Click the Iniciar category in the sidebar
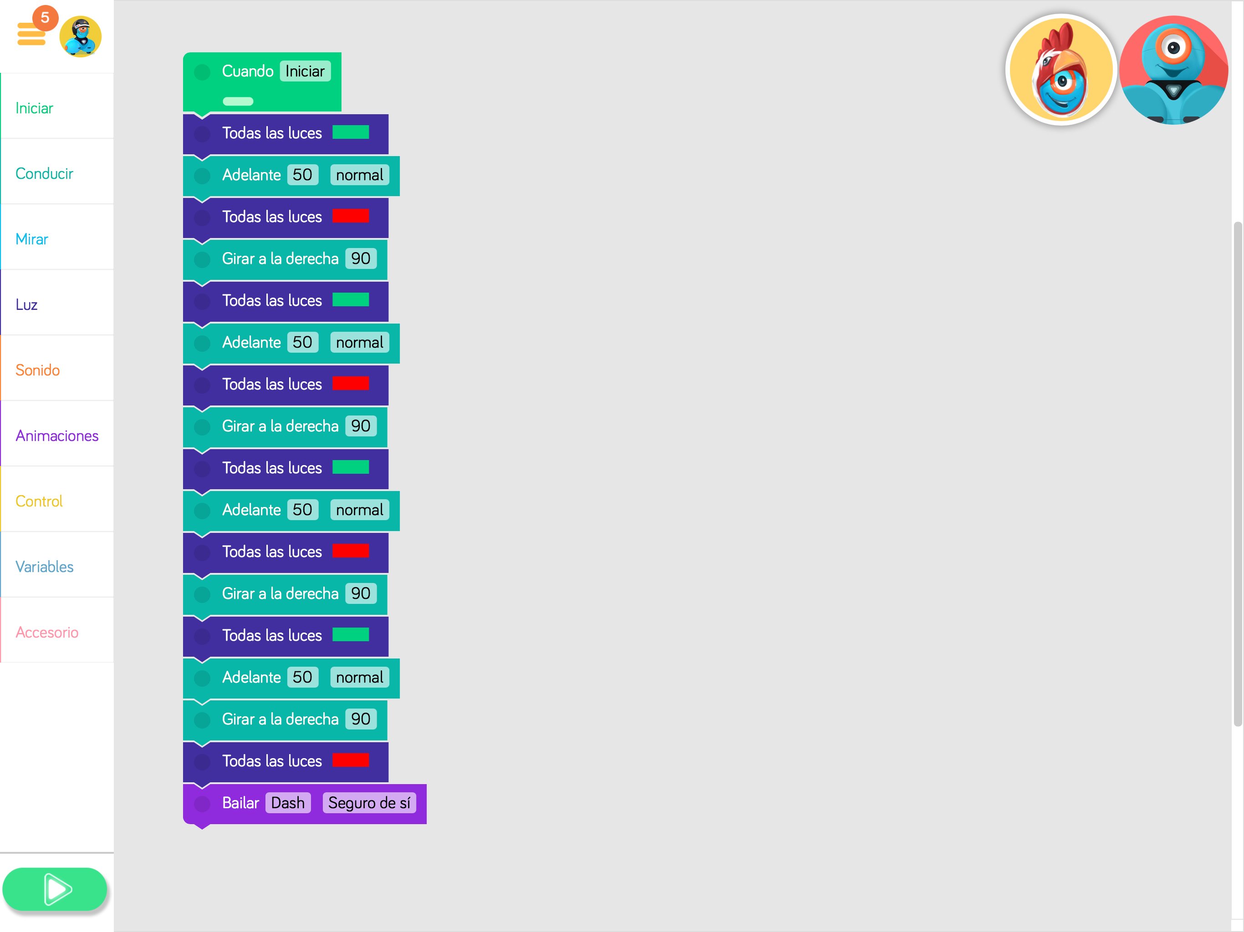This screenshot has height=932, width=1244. (34, 108)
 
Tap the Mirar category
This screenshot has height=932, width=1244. (31, 239)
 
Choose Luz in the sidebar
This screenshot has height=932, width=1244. (26, 304)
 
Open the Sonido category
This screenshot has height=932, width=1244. (37, 370)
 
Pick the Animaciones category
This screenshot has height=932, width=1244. (57, 436)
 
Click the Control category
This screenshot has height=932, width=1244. (39, 501)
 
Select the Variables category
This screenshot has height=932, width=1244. (45, 567)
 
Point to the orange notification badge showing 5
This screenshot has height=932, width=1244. (45, 17)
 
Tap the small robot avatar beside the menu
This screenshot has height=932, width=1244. (81, 36)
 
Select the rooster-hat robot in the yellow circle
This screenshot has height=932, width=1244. (1060, 70)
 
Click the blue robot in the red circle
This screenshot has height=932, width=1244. (1173, 70)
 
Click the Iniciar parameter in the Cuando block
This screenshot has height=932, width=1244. (305, 71)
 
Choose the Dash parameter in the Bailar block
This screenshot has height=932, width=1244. (287, 803)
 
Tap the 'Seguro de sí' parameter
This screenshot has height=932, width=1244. (369, 803)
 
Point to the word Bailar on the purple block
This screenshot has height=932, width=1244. (240, 803)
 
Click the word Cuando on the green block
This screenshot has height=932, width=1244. (247, 71)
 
